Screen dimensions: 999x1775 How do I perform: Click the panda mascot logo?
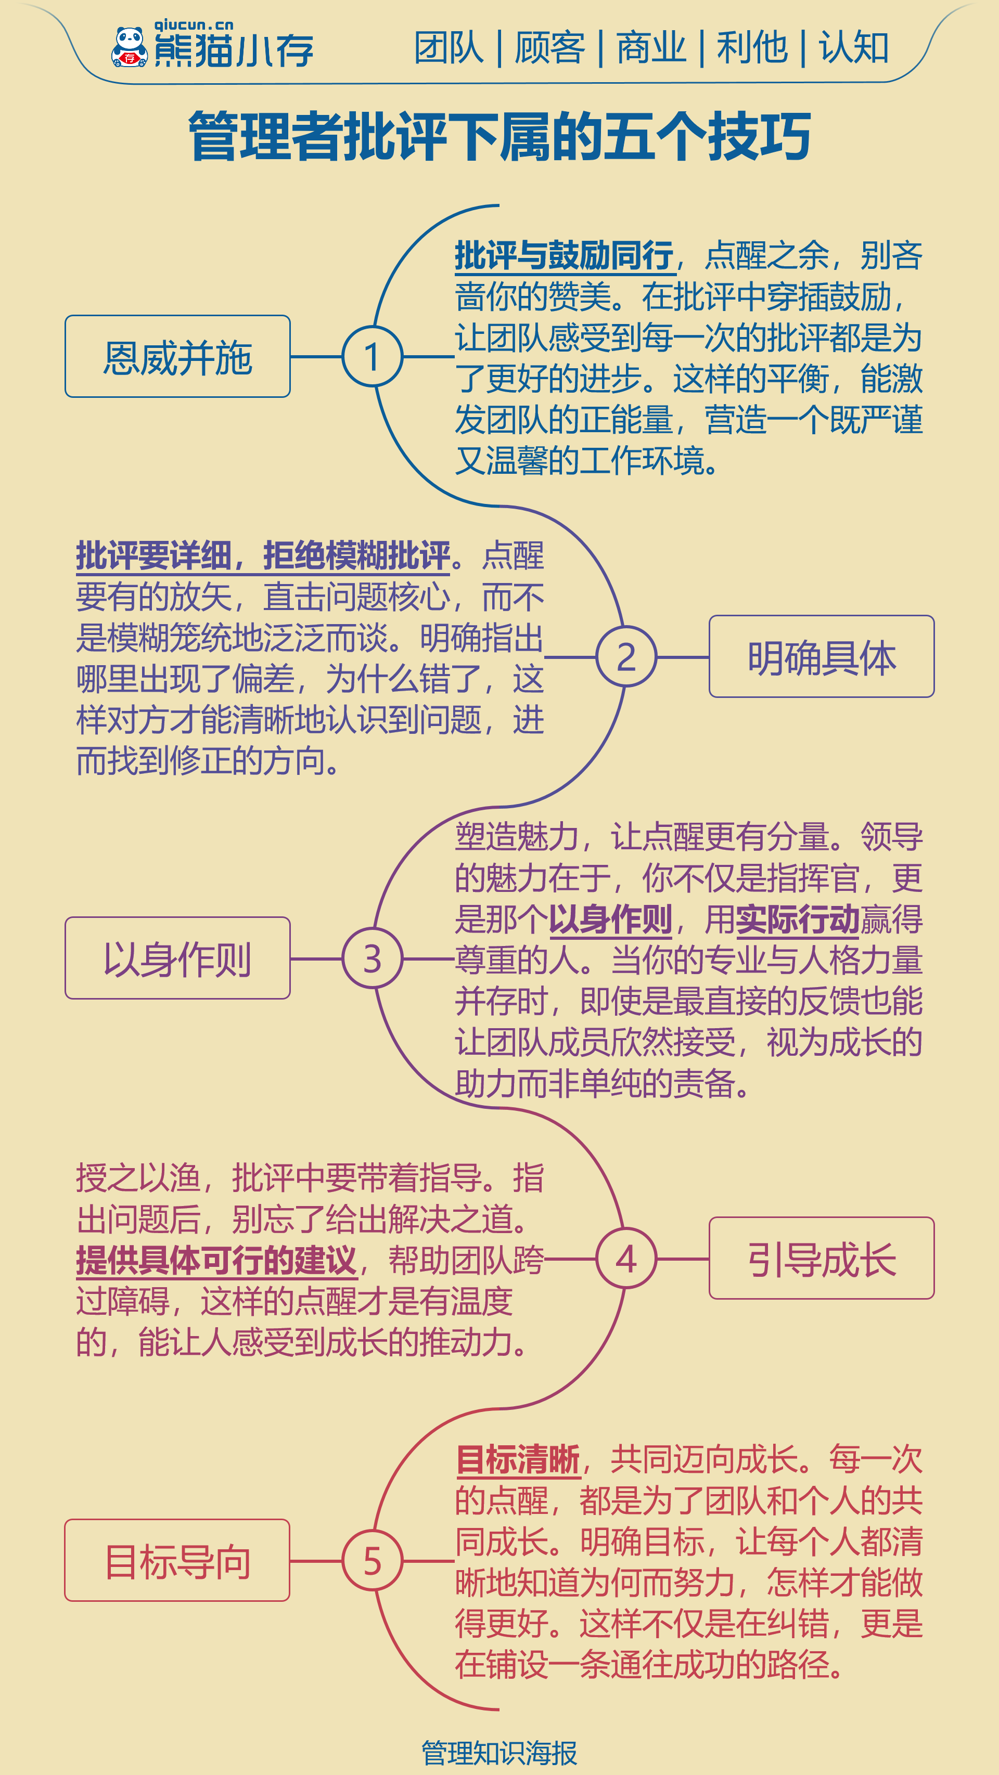130,47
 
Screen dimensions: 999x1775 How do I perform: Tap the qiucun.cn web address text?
194,25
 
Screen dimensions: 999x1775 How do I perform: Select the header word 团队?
449,48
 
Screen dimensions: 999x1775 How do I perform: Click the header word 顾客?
549,48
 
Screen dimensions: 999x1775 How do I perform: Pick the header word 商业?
651,48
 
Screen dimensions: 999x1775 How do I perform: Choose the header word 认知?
853,48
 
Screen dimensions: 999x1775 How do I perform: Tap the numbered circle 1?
373,356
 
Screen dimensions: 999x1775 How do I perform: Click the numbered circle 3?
373,958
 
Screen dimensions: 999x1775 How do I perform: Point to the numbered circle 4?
626,1258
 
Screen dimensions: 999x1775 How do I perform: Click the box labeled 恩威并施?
178,356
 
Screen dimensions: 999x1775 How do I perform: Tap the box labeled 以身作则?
178,958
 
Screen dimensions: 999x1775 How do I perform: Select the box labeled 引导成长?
822,1258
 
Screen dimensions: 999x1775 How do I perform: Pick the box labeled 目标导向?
178,1560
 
